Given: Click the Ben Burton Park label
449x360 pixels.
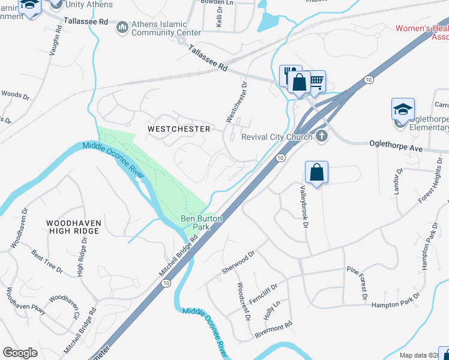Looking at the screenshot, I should coord(202,223).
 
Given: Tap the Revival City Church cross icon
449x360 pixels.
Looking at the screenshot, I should coord(322,136).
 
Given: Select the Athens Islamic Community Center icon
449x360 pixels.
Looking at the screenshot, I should coord(122,27).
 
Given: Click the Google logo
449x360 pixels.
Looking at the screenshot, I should coord(20,353).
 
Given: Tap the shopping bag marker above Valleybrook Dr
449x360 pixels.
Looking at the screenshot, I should coord(316,172).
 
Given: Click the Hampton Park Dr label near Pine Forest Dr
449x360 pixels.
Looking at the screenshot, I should coord(396,301).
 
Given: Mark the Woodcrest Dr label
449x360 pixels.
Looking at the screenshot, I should coord(243,301).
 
